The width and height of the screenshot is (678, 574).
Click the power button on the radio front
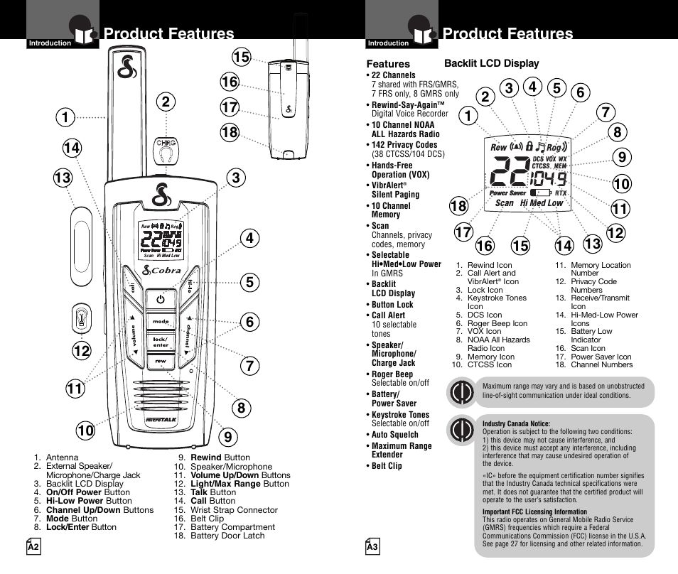pos(161,300)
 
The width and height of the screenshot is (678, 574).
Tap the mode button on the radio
pos(161,322)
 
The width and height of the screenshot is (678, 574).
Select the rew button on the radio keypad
pos(161,361)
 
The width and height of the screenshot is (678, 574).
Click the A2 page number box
pos(33,548)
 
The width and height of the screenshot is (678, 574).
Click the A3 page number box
pos(372,548)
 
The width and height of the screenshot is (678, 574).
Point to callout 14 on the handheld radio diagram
pos(72,148)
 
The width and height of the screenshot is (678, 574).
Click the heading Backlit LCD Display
pos(491,63)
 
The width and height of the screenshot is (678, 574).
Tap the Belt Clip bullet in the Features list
pos(387,466)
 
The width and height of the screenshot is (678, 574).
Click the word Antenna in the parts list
pos(63,457)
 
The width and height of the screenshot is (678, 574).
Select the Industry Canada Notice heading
pos(516,424)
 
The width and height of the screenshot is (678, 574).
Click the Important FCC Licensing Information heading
pos(534,511)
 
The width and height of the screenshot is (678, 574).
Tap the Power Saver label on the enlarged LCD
pos(507,193)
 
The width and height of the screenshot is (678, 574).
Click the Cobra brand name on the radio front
pos(166,270)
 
